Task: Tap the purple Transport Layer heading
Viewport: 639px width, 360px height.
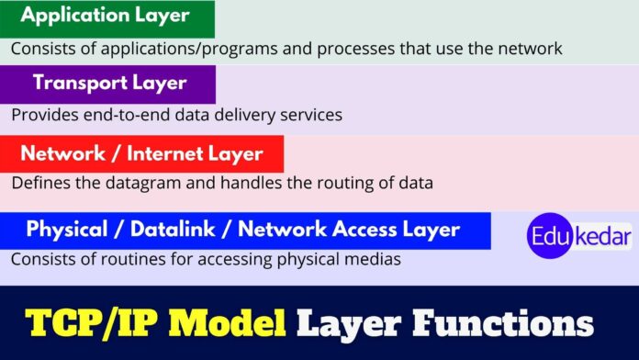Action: coord(109,83)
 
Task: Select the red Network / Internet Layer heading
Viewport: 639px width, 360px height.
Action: coord(141,153)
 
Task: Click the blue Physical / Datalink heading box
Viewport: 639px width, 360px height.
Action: coord(242,230)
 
